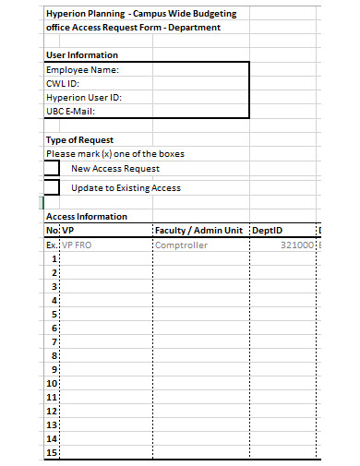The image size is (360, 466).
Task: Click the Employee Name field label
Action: click(83, 69)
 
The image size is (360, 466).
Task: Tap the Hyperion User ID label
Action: click(84, 97)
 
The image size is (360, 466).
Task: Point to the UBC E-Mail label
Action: click(71, 111)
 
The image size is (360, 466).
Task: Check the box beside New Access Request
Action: click(52, 169)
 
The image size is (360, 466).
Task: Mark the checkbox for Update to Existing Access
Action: click(52, 187)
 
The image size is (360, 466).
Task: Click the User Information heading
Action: click(81, 55)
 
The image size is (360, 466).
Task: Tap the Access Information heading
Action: click(86, 216)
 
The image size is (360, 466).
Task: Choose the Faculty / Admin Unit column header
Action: click(200, 230)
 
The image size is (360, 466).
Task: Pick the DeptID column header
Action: click(268, 230)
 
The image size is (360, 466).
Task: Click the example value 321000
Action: click(297, 245)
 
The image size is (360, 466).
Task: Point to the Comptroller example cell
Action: click(182, 245)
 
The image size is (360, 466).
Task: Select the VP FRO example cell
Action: click(78, 245)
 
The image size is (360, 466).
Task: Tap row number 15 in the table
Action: click(52, 452)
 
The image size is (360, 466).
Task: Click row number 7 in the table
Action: click(54, 341)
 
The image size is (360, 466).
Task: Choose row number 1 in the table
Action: click(54, 259)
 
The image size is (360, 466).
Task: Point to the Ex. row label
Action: click(52, 245)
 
